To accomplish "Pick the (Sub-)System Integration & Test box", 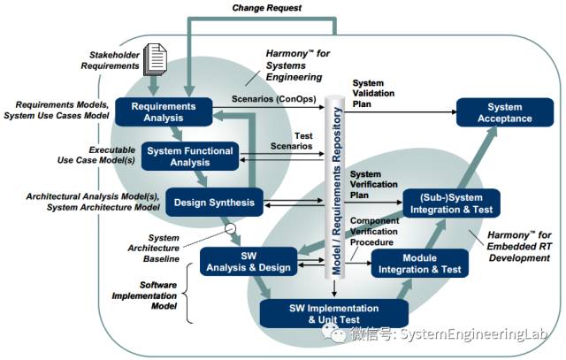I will tap(451, 203).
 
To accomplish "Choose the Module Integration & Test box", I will tap(415, 262).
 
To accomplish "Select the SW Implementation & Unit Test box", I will tap(334, 314).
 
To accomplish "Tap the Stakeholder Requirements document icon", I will tap(156, 57).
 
